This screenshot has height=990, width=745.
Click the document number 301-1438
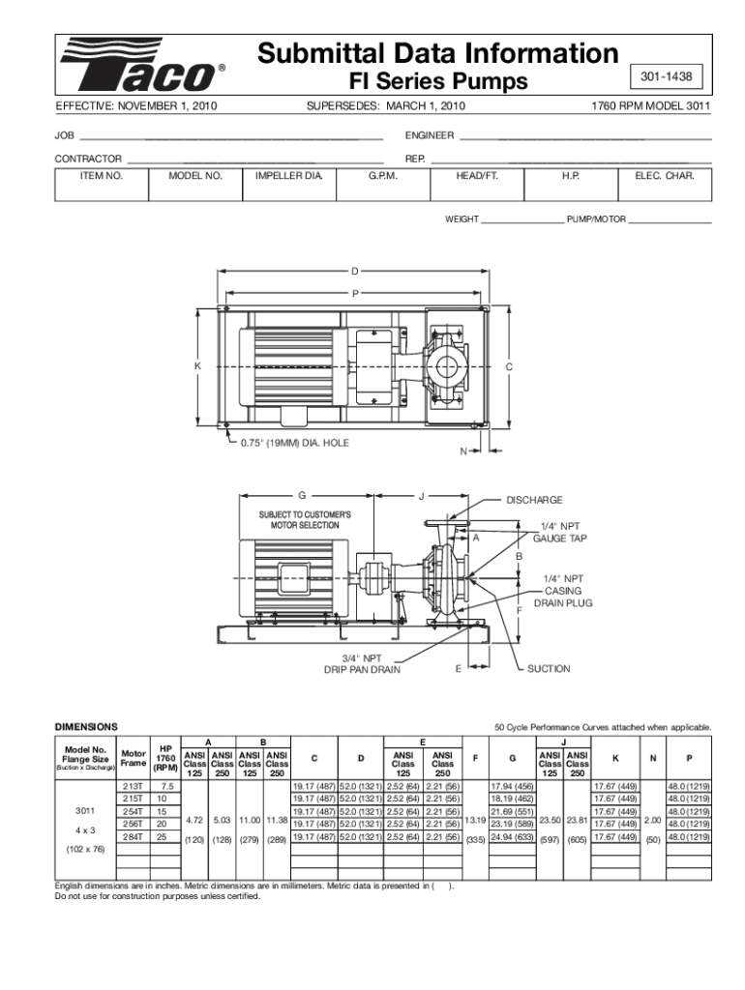point(667,75)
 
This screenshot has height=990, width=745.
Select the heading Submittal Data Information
point(437,52)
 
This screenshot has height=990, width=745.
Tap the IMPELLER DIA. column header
point(288,177)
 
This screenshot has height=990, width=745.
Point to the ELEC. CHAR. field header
point(664,177)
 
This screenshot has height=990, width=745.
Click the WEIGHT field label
point(462,220)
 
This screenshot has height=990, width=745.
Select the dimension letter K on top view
point(196,366)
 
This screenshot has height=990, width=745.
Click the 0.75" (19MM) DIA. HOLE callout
point(294,443)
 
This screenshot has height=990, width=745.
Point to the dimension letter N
point(464,451)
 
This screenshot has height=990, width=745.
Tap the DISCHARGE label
point(534,500)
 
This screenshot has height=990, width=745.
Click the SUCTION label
point(548,668)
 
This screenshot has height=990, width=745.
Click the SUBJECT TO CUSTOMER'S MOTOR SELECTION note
point(304,520)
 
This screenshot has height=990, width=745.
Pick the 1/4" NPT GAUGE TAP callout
point(560,532)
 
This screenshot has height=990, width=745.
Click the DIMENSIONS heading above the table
point(86,726)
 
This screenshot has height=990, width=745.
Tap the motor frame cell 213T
point(132,786)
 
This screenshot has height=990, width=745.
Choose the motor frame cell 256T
point(132,824)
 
